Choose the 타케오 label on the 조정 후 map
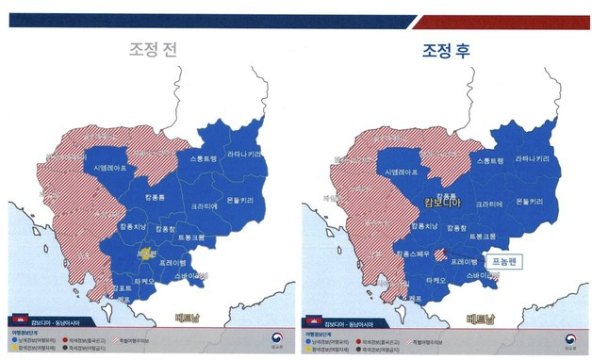436,280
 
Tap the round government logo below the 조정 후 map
570,339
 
